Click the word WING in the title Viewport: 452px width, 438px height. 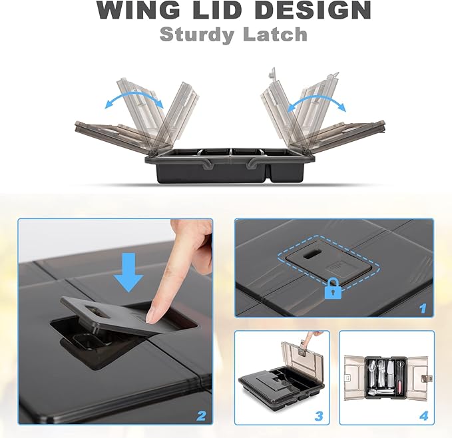tap(138, 10)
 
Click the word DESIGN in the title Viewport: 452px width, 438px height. tap(313, 10)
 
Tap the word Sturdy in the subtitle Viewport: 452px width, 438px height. tap(197, 35)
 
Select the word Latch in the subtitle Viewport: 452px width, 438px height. tap(276, 35)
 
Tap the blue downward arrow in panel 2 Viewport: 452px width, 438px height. tap(128, 272)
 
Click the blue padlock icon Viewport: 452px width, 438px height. tap(333, 288)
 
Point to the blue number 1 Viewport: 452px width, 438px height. tap(422, 308)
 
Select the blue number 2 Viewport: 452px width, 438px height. tap(201, 416)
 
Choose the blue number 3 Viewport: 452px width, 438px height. tap(319, 416)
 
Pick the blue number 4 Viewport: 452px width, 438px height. tap(423, 416)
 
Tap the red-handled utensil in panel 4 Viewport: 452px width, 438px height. tap(400, 388)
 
